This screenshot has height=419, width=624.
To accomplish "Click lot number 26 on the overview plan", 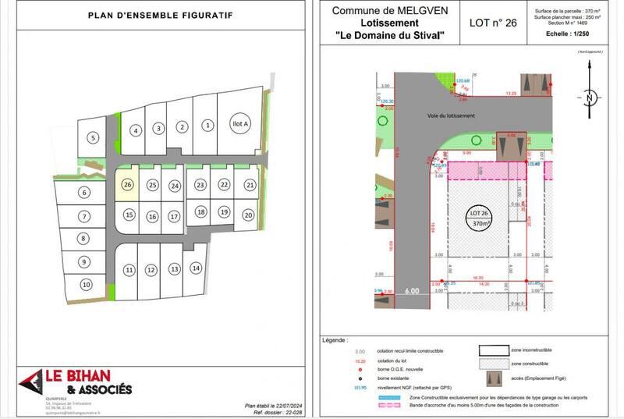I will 128,185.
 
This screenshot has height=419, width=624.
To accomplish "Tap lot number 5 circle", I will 93,138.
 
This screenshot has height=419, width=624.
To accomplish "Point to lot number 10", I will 86,285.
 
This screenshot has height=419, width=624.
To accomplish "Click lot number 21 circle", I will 250,185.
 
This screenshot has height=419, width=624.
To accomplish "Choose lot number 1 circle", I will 207,125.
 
